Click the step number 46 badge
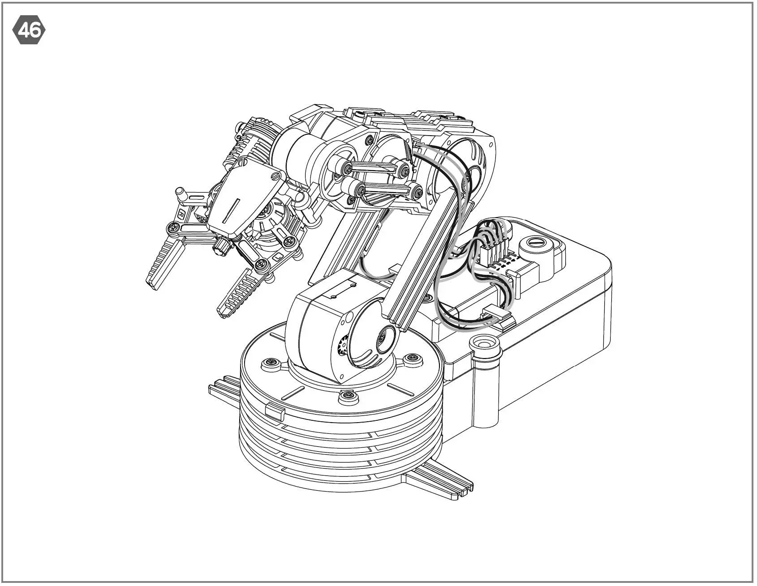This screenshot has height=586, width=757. [x=29, y=30]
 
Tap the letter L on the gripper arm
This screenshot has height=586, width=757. [x=278, y=257]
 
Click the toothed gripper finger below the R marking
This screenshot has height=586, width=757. [x=164, y=264]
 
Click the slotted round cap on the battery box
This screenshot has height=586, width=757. [x=534, y=244]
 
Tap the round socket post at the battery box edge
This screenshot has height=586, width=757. [x=483, y=345]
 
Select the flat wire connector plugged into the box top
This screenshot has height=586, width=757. [x=496, y=315]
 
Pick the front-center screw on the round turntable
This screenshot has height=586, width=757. [x=347, y=396]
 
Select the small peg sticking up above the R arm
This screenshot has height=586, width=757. [x=181, y=193]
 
